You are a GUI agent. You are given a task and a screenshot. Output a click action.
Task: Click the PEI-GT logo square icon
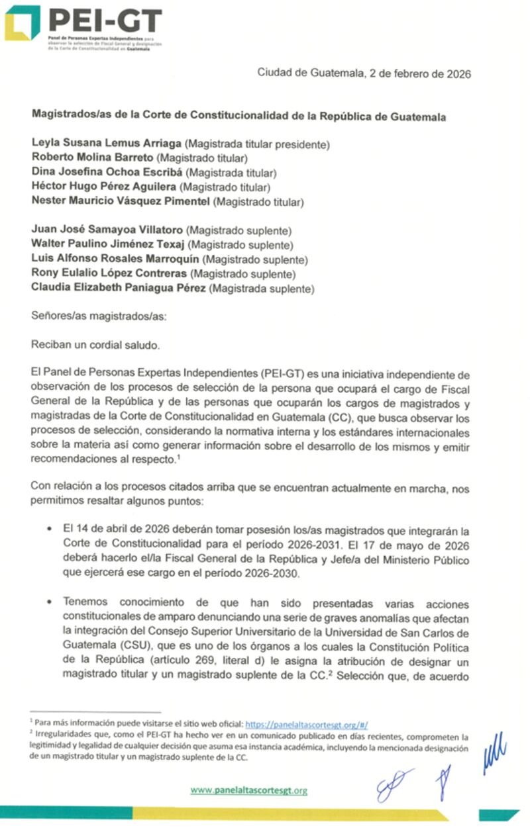click(22, 23)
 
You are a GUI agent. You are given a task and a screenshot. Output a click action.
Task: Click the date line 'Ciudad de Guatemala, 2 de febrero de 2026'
click(364, 73)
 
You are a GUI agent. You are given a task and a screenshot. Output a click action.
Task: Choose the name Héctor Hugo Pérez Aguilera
click(105, 187)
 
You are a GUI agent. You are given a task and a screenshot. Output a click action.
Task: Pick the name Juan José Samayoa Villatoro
click(107, 230)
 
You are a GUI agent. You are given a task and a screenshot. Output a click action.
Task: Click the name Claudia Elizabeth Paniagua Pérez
click(119, 288)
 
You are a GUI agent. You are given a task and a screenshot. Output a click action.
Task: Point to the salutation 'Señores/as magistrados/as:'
click(99, 316)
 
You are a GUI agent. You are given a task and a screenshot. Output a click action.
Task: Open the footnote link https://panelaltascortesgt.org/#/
click(311, 725)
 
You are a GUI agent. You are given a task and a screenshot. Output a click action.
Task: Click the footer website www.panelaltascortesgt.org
click(248, 790)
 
